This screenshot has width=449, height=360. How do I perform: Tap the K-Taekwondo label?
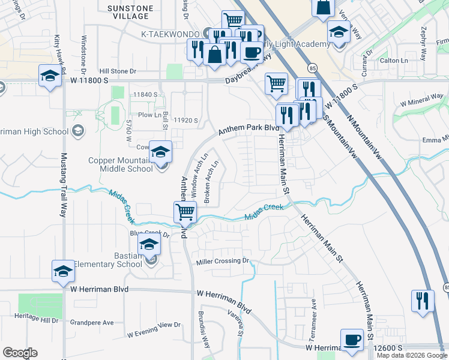coord(171,34)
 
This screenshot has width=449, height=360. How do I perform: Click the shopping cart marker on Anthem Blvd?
coord(185,212)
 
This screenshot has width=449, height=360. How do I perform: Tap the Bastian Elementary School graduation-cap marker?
coord(149,245)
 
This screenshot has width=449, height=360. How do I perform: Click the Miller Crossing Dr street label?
coord(222,261)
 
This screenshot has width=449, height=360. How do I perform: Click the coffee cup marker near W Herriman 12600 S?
coord(352,340)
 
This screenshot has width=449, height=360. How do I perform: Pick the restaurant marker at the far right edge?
coord(423,301)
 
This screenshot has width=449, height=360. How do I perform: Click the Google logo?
coord(20,353)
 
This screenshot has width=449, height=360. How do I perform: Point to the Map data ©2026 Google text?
coord(411,355)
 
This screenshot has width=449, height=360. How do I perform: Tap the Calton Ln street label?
coord(393,61)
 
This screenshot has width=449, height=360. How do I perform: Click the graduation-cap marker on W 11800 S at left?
coord(50,76)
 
